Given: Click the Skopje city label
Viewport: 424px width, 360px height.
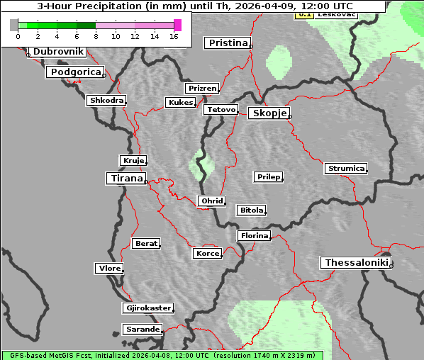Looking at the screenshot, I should pyautogui.click(x=269, y=113).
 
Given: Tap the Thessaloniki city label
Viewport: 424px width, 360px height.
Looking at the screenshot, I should pyautogui.click(x=356, y=263).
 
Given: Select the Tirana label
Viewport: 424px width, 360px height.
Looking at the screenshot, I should pyautogui.click(x=125, y=179).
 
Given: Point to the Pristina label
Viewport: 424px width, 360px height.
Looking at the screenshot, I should pyautogui.click(x=228, y=43).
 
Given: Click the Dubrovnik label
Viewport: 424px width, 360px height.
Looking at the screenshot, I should pyautogui.click(x=58, y=52).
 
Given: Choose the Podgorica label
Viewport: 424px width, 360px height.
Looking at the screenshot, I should pyautogui.click(x=75, y=72).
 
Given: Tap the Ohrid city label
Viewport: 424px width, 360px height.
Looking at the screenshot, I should pyautogui.click(x=212, y=201).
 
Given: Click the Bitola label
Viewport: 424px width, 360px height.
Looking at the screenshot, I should pyautogui.click(x=251, y=210).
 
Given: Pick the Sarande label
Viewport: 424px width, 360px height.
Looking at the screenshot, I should pyautogui.click(x=142, y=330).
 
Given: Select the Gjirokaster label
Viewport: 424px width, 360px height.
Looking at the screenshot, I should pyautogui.click(x=147, y=308).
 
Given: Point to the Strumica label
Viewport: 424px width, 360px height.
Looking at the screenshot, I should pyautogui.click(x=346, y=169).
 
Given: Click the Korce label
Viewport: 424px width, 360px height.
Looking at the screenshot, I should pyautogui.click(x=207, y=254).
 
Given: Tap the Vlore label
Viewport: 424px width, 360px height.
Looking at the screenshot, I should pyautogui.click(x=108, y=269).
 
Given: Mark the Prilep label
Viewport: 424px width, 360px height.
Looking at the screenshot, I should pyautogui.click(x=268, y=176).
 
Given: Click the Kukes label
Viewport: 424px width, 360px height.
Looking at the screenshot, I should pyautogui.click(x=180, y=103).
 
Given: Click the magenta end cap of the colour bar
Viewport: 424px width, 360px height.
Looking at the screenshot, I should pyautogui.click(x=177, y=25).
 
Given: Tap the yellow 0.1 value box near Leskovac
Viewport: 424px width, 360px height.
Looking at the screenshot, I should pyautogui.click(x=303, y=14).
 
